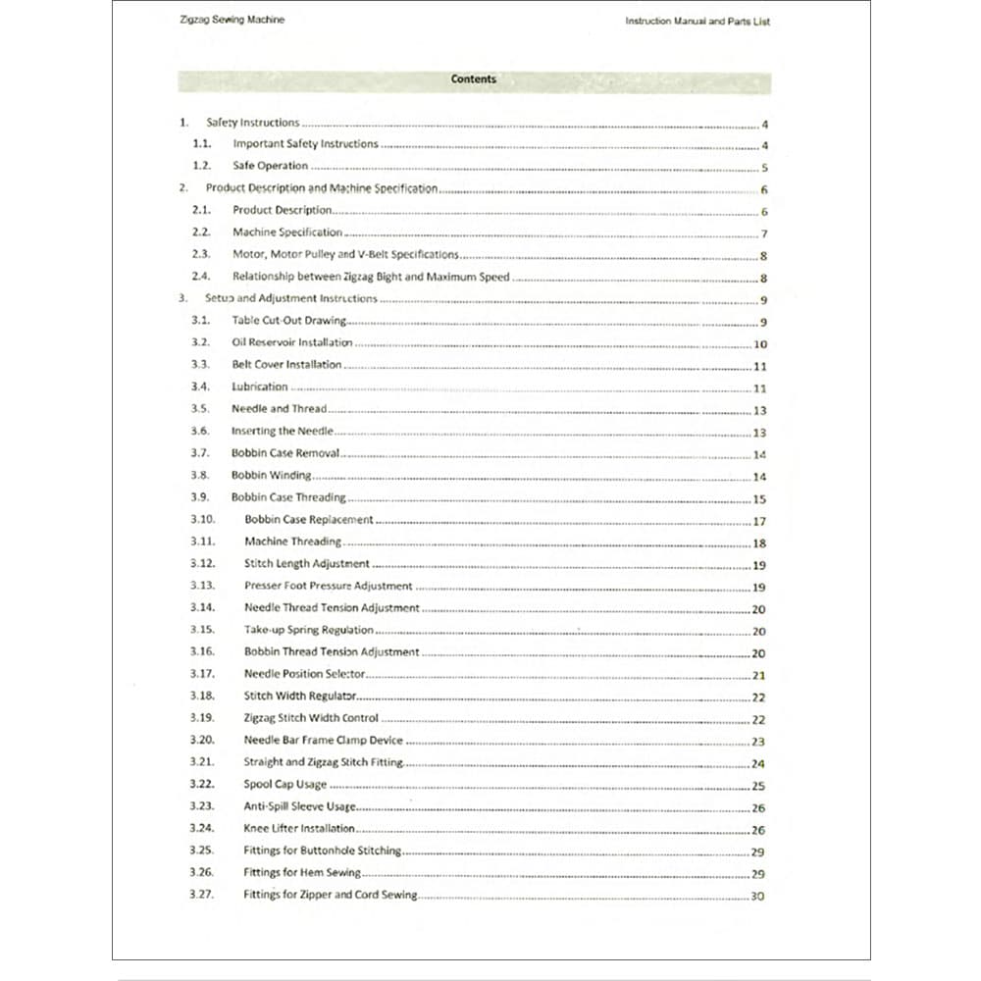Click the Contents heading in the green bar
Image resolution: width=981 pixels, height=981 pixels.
coord(474,79)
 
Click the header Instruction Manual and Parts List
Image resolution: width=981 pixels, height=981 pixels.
coord(697,21)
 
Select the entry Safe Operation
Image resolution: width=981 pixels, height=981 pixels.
coord(270,166)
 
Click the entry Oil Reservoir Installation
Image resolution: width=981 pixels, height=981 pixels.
coord(292,342)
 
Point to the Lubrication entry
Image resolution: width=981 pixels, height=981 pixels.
coord(260,387)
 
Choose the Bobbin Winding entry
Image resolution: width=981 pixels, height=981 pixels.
coord(272,475)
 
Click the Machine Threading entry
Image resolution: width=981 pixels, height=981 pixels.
coord(292,542)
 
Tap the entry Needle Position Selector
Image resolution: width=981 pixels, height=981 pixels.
coord(304,674)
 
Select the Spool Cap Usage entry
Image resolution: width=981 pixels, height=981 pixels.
coord(285,785)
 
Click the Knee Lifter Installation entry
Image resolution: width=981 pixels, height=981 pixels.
coord(299,829)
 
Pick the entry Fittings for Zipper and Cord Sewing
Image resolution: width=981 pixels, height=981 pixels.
coord(330,895)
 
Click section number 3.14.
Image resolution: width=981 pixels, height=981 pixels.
coord(202,607)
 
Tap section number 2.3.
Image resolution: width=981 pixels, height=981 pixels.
coord(201,254)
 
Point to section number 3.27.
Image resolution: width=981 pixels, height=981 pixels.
coord(202,895)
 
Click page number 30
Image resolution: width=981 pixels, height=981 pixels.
coord(757,896)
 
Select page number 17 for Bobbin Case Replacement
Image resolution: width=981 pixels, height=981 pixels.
coord(759,522)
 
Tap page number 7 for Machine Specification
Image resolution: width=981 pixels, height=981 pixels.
coord(764,234)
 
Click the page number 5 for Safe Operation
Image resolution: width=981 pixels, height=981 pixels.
coord(764,168)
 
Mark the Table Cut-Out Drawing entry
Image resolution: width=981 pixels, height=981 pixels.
coord(288,321)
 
